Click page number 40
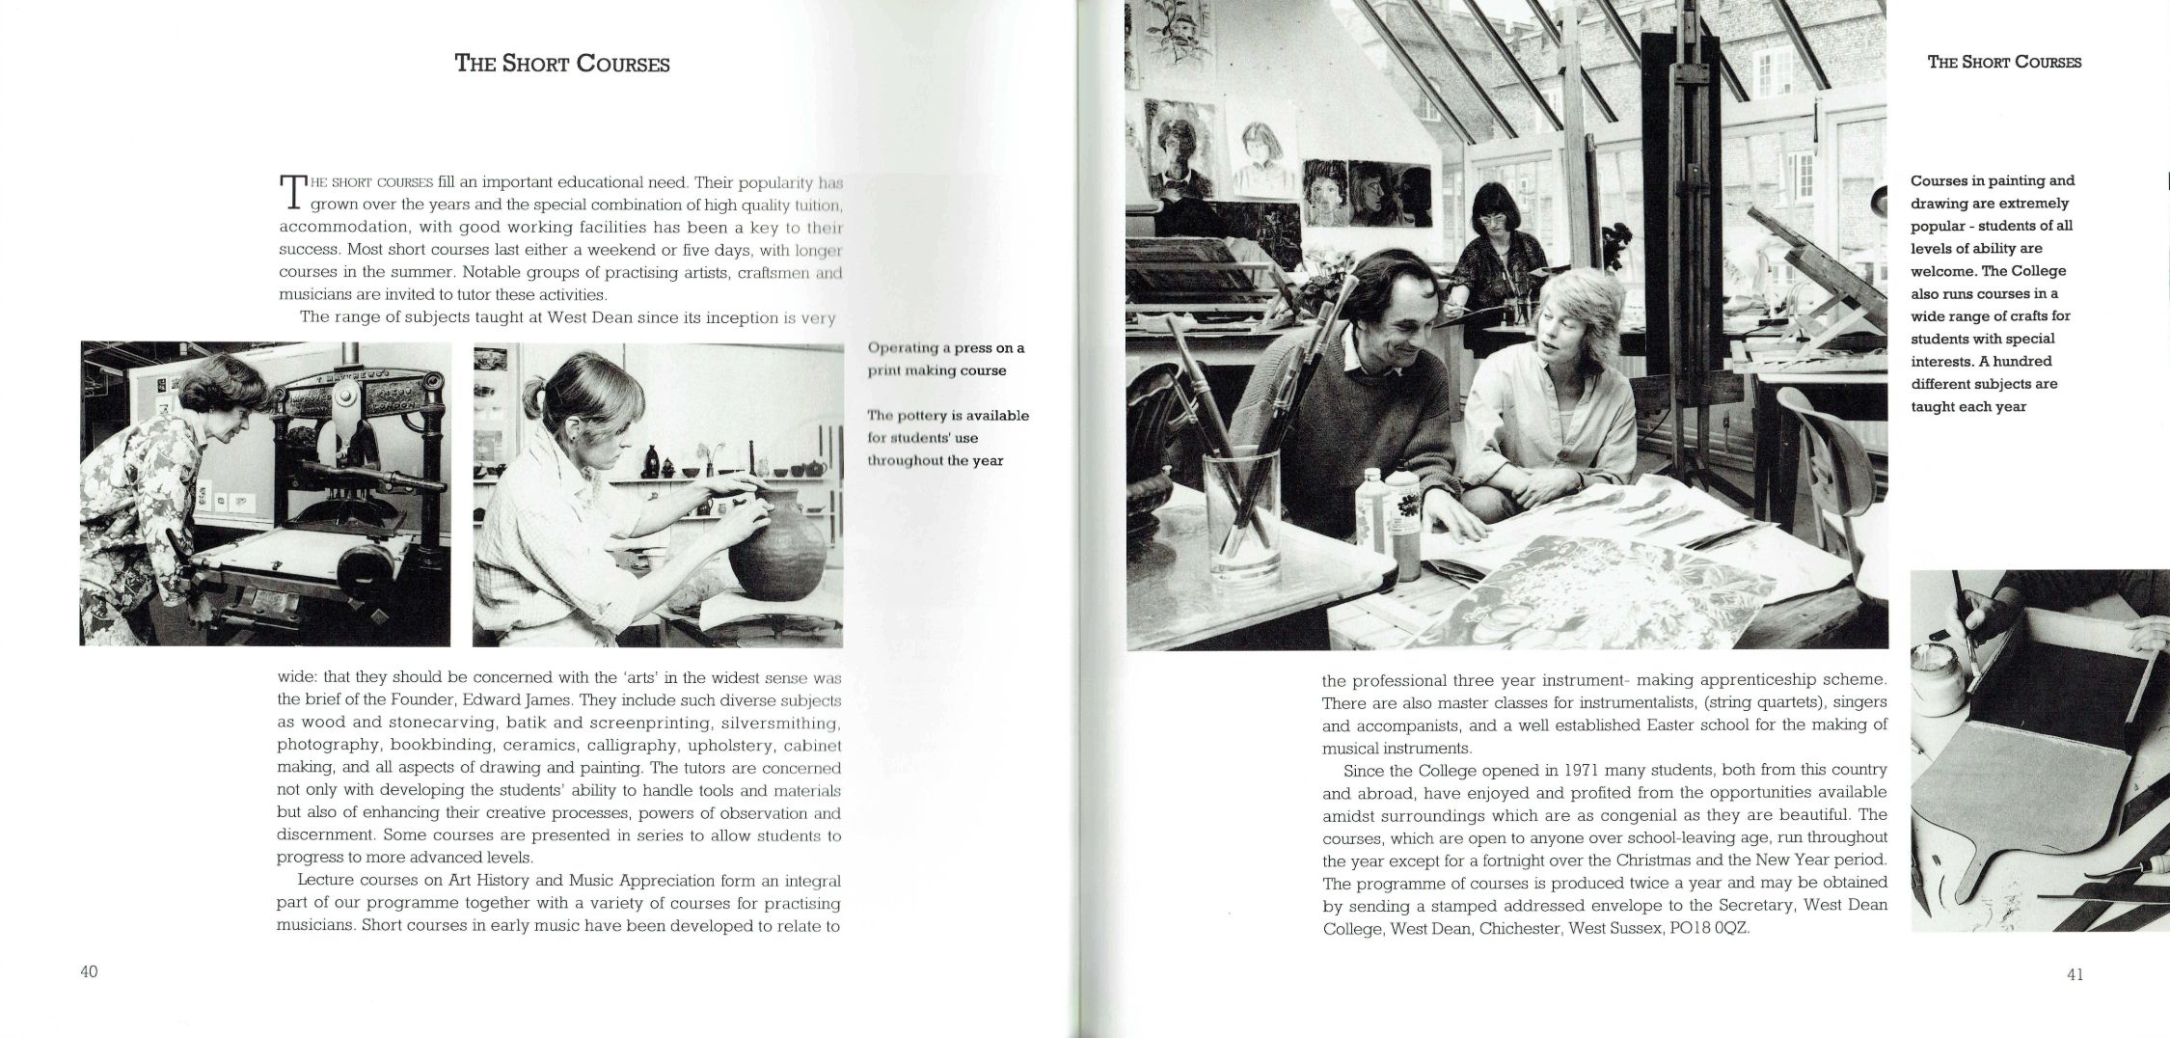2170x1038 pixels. [89, 972]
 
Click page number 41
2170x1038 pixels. [2075, 974]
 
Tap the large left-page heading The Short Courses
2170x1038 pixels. [562, 65]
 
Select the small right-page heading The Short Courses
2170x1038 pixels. [2004, 63]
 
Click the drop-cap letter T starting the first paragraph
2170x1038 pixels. [291, 192]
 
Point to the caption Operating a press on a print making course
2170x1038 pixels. [945, 359]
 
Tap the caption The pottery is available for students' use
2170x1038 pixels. [948, 438]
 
